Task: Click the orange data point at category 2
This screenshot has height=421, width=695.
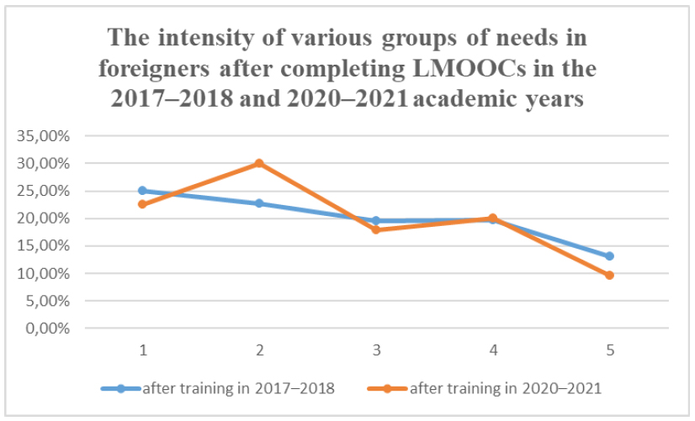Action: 259,163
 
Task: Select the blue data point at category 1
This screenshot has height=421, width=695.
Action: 143,191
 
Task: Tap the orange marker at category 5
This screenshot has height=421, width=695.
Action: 609,275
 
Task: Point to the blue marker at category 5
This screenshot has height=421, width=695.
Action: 609,255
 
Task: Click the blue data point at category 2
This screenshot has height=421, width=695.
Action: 259,203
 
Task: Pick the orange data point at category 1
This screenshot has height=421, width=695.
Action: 143,204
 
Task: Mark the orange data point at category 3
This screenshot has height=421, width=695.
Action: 376,229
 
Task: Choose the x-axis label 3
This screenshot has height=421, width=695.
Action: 376,350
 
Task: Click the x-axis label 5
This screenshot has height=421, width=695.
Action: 609,350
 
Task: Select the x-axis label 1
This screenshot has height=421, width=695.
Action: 143,350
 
